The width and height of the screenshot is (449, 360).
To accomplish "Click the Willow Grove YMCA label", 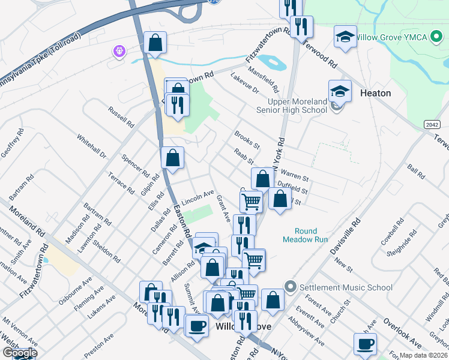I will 394,37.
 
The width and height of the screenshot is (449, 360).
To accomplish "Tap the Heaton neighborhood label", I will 375,93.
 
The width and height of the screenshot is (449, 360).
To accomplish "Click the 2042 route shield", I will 426,123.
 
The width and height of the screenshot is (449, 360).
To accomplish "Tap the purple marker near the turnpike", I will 119,51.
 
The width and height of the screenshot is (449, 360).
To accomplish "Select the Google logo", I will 19,353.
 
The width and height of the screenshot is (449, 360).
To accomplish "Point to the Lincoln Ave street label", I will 197,196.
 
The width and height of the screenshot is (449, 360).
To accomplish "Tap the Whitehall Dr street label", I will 91,146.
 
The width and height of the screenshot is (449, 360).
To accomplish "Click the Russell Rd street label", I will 121,116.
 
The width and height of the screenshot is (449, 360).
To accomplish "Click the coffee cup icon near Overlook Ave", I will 365,344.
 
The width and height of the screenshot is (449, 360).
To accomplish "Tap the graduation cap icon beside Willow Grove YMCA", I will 345,37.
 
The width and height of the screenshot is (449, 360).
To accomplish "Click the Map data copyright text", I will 424,355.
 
